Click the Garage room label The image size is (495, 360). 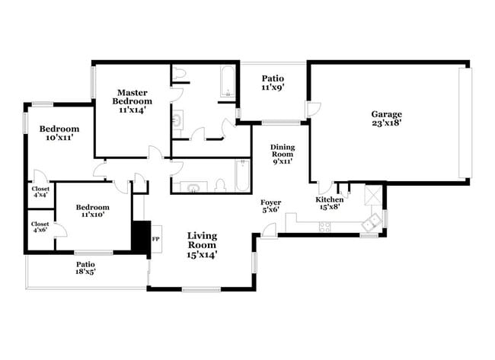coord(387,114)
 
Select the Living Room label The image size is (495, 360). coord(202,241)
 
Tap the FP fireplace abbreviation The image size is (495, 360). coord(155,239)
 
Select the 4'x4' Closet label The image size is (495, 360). coord(40,191)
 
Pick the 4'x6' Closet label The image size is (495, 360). coord(40,226)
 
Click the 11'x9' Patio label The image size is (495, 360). coord(273,82)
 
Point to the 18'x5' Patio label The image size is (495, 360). coord(85,267)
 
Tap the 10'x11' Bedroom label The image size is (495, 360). coord(59,133)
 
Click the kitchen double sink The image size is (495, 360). coord(372,223)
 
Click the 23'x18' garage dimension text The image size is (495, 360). coord(387,121)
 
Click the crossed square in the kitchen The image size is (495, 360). coord(373,196)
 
